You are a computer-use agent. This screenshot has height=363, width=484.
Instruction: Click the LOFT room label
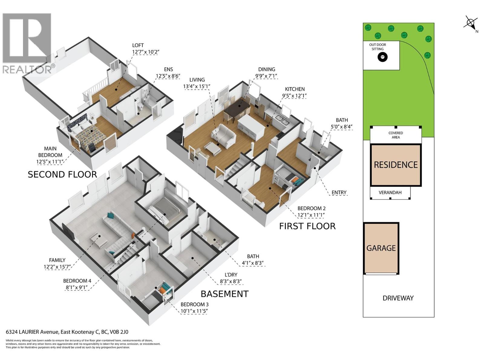(x=138, y=45)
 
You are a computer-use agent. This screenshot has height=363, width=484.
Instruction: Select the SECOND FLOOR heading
(x=62, y=175)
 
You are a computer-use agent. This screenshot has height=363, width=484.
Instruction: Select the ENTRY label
(x=339, y=192)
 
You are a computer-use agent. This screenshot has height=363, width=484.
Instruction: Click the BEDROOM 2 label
(x=311, y=208)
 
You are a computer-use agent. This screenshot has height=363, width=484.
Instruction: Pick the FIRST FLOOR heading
(x=307, y=226)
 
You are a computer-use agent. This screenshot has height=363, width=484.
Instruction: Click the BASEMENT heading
(x=224, y=294)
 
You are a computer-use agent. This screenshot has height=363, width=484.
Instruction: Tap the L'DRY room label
(x=231, y=275)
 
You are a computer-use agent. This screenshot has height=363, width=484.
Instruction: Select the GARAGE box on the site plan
(x=381, y=248)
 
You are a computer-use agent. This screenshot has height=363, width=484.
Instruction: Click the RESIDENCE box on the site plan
(x=396, y=165)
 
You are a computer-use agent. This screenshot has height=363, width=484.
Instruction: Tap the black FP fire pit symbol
(x=383, y=57)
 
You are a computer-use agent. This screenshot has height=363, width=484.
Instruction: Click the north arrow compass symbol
(x=470, y=23)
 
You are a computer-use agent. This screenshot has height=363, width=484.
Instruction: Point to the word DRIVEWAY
(x=398, y=298)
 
